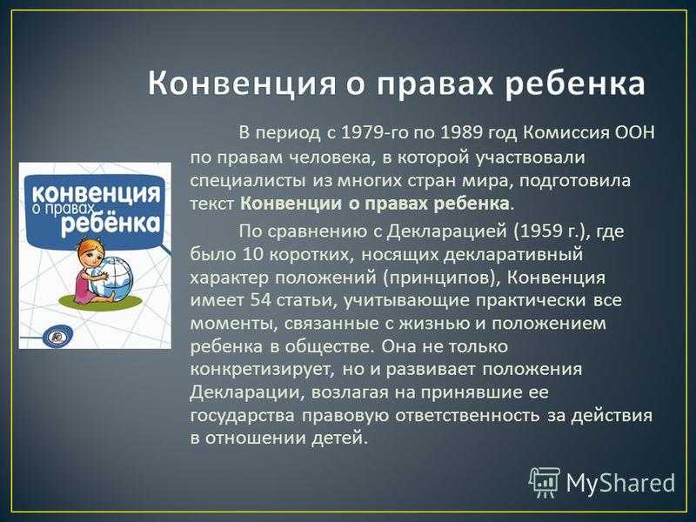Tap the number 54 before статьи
pos(260,300)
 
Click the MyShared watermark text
pos(620,482)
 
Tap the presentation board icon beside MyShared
pos(545,482)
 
